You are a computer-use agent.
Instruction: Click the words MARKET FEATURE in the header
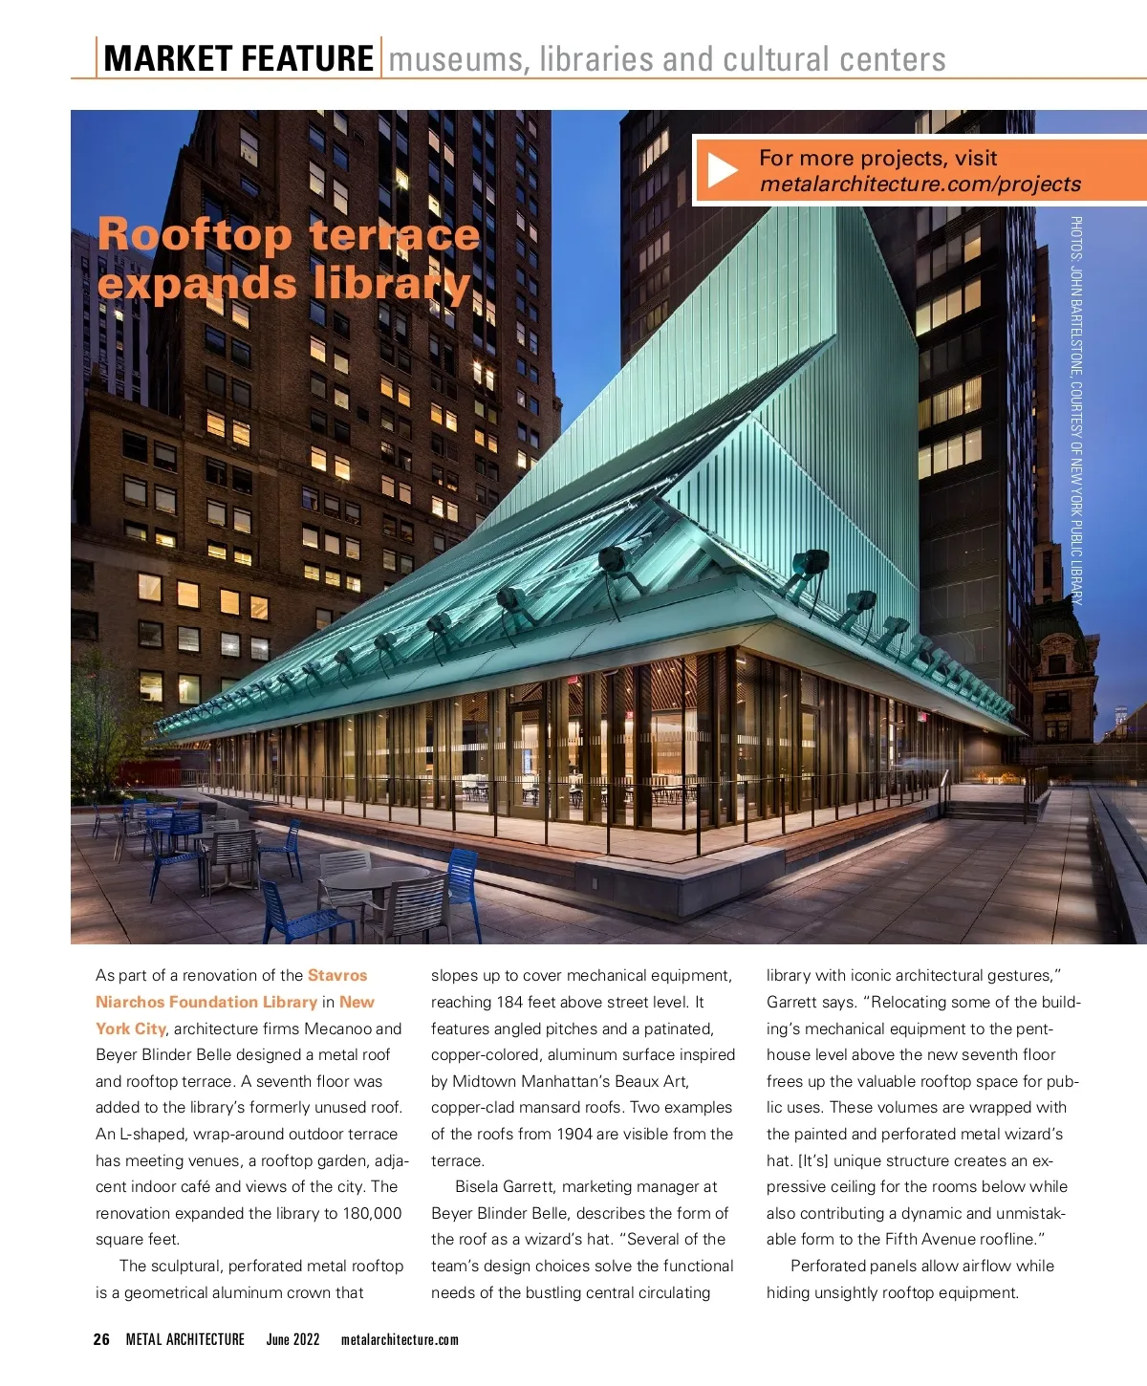pyautogui.click(x=238, y=58)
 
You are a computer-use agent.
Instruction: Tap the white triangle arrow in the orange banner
pyautogui.click(x=723, y=171)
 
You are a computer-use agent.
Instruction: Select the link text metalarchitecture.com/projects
pyautogui.click(x=920, y=184)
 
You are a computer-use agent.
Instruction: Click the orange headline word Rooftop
pyautogui.click(x=194, y=234)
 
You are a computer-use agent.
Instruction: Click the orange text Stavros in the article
pyautogui.click(x=337, y=975)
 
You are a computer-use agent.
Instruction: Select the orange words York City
pyautogui.click(x=131, y=1029)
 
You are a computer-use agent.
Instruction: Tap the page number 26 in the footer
pyautogui.click(x=101, y=1339)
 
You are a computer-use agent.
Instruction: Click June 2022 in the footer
pyautogui.click(x=292, y=1339)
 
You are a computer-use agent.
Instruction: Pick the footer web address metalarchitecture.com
pyautogui.click(x=400, y=1339)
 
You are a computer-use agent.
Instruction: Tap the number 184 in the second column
pyautogui.click(x=511, y=1002)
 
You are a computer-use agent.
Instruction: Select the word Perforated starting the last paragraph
pyautogui.click(x=830, y=1266)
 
